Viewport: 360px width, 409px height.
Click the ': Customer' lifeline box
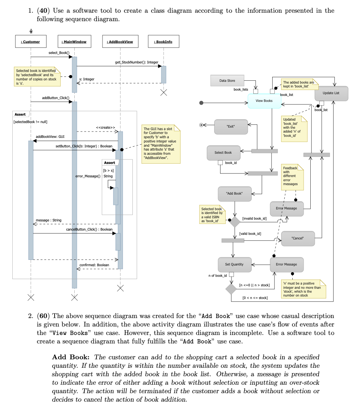(30, 42)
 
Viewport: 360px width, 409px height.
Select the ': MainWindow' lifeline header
(74, 42)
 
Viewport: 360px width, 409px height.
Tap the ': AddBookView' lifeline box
(120, 42)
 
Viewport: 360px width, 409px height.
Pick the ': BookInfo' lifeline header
(163, 42)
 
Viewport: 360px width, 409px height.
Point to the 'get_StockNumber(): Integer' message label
(137, 62)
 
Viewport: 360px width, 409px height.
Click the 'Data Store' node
(227, 80)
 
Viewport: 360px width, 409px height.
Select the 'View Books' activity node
(264, 101)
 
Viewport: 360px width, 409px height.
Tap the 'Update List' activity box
(331, 93)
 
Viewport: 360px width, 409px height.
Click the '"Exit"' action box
(231, 127)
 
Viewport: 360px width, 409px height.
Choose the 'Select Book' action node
(223, 152)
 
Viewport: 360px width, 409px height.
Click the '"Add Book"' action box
(235, 194)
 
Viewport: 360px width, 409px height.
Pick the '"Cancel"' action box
(298, 238)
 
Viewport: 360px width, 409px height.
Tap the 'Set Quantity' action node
(234, 264)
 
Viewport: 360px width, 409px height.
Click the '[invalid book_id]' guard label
(254, 219)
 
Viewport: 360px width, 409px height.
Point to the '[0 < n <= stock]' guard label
(255, 298)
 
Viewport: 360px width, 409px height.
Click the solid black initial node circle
(201, 103)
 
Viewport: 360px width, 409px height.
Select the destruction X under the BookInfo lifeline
(163, 93)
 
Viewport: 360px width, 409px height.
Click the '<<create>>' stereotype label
(105, 127)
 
